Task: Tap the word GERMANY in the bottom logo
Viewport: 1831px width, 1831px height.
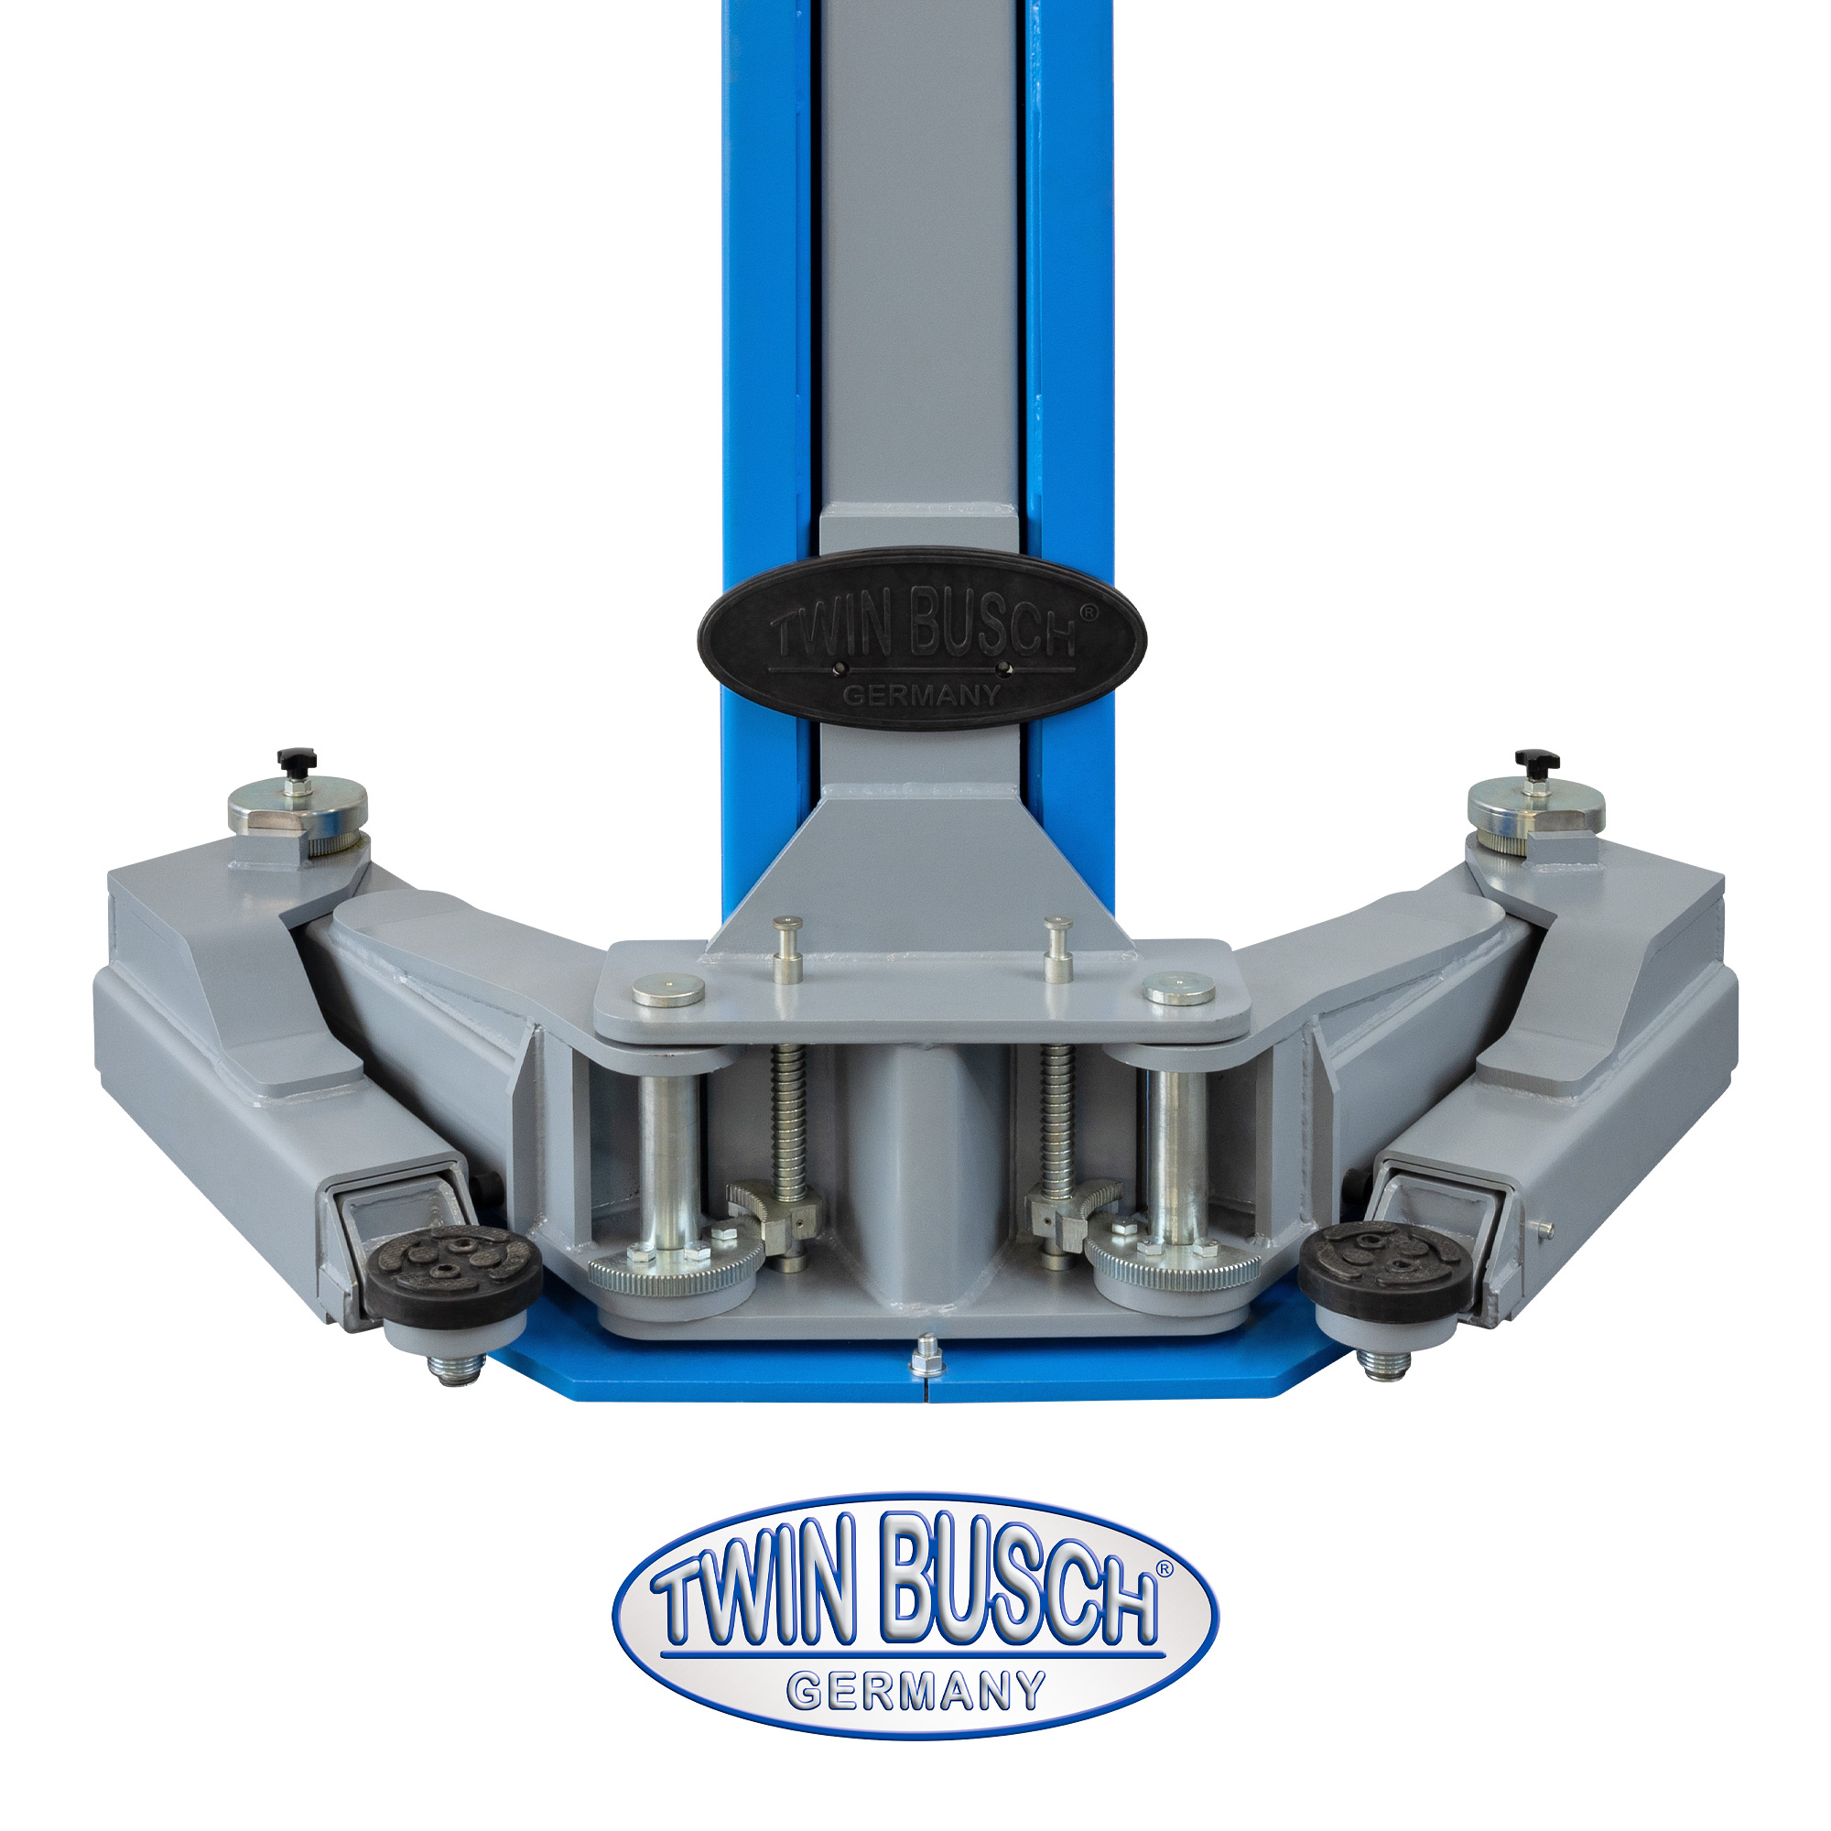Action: point(916,1690)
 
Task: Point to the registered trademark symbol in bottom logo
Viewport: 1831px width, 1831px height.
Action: point(1164,1568)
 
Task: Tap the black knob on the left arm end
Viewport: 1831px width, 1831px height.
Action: point(297,760)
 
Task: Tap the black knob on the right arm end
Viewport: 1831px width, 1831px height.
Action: point(1536,760)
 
